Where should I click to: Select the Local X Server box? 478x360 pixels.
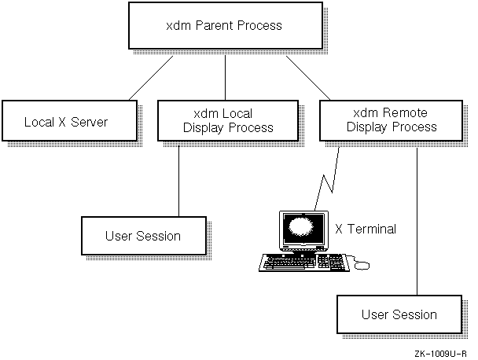point(66,122)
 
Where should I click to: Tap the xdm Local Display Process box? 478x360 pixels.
point(228,121)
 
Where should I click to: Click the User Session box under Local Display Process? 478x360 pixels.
point(142,236)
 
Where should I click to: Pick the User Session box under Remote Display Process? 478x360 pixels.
point(399,314)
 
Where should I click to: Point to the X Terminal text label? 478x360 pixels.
point(366,230)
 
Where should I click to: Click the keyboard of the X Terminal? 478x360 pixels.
point(302,262)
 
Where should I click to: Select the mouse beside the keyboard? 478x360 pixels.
point(362,265)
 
